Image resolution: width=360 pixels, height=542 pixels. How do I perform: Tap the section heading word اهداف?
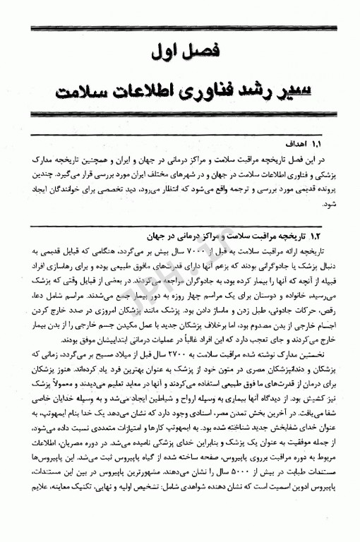pos(293,142)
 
